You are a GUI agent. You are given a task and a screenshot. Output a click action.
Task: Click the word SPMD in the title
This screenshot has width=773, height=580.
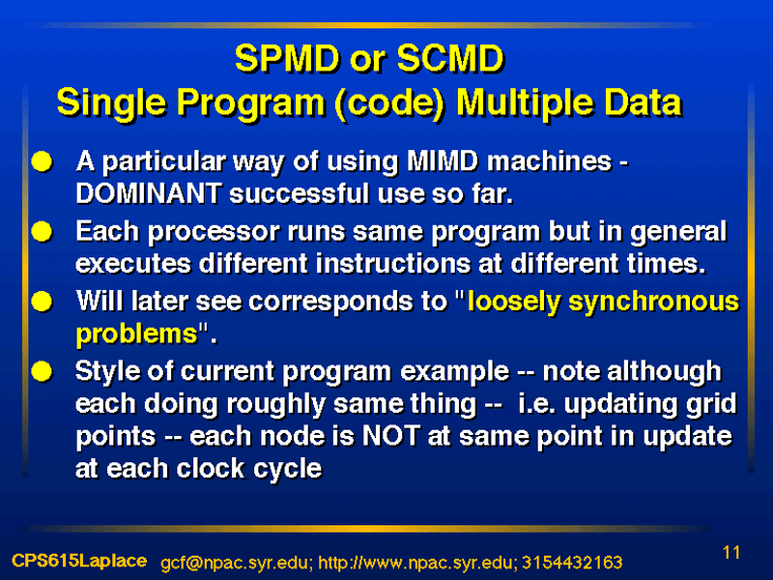click(288, 58)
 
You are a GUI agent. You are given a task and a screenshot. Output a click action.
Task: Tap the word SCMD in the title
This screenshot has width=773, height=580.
click(450, 58)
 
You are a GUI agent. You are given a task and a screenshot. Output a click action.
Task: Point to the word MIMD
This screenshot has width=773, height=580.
click(443, 160)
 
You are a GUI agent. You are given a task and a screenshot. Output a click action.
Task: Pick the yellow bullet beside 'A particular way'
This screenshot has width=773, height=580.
click(42, 161)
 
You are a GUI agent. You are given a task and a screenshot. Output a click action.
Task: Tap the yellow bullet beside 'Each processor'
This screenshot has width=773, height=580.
click(42, 231)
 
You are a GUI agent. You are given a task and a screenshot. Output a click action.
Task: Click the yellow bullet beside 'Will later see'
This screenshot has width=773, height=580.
click(42, 302)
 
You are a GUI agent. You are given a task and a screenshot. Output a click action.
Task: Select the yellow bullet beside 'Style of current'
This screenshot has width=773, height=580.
click(42, 371)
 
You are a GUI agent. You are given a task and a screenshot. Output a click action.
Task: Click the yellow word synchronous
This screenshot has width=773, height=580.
click(654, 303)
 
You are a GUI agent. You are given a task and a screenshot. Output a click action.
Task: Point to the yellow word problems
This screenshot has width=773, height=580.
click(137, 334)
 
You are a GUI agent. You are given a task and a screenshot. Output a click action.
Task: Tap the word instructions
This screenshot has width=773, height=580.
click(393, 263)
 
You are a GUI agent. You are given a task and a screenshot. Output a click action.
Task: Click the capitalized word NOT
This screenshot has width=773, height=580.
click(391, 436)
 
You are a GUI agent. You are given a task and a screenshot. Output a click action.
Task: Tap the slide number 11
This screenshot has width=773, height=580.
click(731, 552)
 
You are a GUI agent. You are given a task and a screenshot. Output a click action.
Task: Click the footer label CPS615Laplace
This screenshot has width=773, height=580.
click(79, 561)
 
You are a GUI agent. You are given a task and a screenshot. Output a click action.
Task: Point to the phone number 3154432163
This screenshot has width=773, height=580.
click(572, 563)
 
